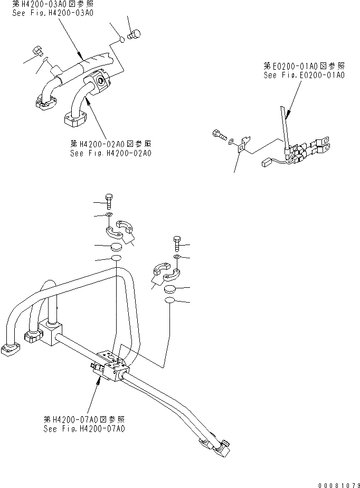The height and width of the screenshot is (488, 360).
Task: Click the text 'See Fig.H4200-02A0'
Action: (111, 153)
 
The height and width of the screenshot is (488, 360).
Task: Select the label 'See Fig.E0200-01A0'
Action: (304, 76)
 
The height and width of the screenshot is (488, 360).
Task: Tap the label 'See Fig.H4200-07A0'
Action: (84, 429)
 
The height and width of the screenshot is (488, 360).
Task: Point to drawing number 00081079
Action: (335, 483)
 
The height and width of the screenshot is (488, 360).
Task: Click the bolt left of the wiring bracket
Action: (219, 135)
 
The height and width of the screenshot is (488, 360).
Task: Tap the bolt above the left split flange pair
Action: (109, 201)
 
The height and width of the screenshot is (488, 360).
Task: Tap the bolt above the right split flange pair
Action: (177, 244)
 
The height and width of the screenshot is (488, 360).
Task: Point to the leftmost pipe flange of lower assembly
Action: (9, 350)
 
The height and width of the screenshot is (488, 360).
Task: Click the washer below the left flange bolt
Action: (108, 215)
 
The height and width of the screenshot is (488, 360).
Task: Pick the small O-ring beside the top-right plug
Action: (121, 39)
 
